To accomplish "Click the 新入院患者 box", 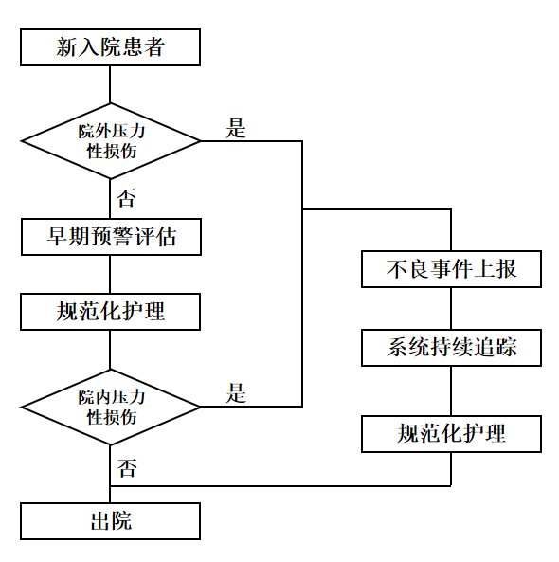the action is [110, 47].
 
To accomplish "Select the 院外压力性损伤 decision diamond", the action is [110, 141].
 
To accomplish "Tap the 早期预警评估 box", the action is [111, 237].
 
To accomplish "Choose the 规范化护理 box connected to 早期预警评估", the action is [110, 312].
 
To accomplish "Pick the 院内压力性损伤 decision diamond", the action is [110, 407].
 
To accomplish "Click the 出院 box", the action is [110, 521].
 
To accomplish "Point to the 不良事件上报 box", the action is [451, 269].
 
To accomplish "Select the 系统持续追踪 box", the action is [451, 348].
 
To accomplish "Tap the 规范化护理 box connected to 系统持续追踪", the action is [451, 434].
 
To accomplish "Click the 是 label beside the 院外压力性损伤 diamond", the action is [236, 128].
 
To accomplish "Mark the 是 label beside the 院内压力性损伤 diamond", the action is [236, 392].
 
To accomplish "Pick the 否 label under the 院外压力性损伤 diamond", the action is [127, 198].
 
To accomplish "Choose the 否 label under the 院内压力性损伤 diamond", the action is [127, 468].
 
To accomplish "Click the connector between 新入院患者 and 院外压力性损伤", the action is [110, 84].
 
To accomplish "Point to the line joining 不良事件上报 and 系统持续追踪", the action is [451, 308].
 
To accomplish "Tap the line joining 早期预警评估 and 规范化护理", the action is [110, 274].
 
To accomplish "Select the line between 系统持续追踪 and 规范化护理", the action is [451, 390].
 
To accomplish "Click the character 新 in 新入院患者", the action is [66, 47].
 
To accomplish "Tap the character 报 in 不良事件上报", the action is [506, 269].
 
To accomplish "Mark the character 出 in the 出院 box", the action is [100, 521].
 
